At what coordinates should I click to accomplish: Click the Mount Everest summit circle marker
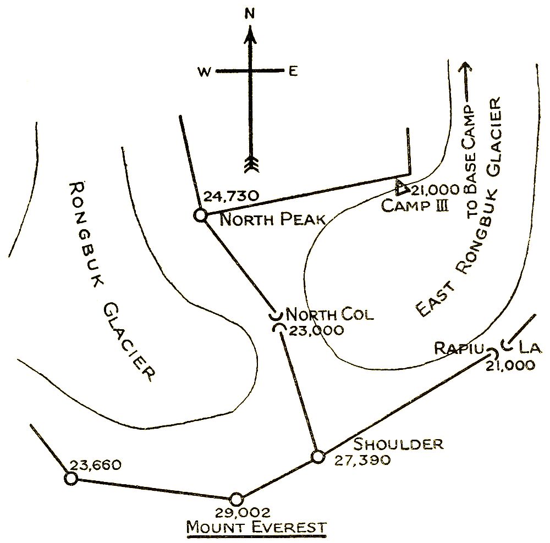(x=237, y=499)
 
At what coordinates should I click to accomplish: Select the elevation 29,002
(x=236, y=513)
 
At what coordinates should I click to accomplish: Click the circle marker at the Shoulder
(x=317, y=457)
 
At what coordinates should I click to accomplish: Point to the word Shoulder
(x=398, y=444)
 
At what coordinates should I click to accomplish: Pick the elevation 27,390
(x=362, y=459)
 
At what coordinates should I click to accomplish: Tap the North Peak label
(x=273, y=220)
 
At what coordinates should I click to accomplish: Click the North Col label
(x=330, y=315)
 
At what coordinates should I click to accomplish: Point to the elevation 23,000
(x=316, y=331)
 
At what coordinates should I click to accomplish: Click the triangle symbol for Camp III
(x=403, y=188)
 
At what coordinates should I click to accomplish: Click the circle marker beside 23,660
(x=71, y=479)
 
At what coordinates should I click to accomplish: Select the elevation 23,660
(x=92, y=466)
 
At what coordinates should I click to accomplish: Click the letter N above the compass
(x=250, y=15)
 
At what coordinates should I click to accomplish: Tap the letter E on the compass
(x=293, y=71)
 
